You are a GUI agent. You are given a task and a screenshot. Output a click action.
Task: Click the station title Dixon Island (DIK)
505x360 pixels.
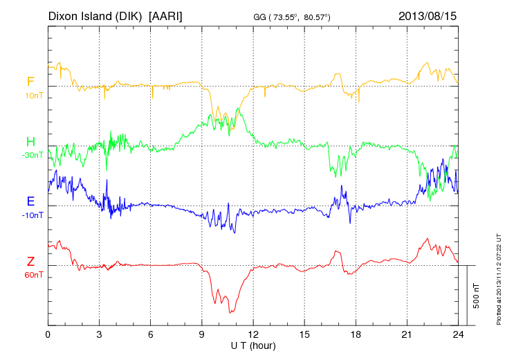96,15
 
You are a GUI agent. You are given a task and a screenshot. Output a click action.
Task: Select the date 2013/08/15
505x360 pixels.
427,15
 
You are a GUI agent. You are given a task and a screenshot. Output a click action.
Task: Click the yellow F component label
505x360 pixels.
30,82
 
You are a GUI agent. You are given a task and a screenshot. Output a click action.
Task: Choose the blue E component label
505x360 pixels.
30,201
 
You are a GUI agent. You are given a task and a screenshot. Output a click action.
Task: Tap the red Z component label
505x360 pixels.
30,261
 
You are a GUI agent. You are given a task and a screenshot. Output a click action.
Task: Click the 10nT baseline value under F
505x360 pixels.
33,96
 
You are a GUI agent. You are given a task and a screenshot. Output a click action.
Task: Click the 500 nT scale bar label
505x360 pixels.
477,296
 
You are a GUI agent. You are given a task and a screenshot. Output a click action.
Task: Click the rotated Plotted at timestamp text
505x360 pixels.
498,278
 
